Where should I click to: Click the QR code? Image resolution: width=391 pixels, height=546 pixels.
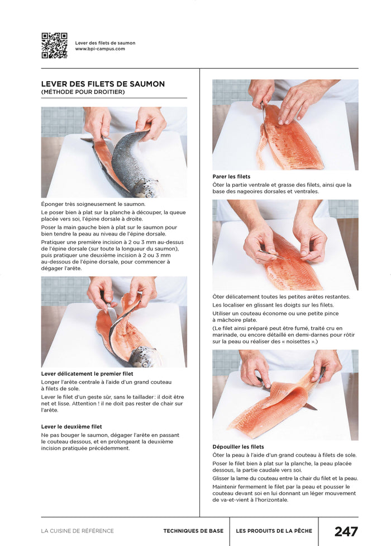[54, 46]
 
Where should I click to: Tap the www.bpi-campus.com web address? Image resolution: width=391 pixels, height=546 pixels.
[100, 49]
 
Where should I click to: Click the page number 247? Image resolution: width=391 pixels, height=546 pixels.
[346, 531]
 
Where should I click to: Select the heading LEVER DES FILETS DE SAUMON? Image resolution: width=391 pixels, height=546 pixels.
[103, 84]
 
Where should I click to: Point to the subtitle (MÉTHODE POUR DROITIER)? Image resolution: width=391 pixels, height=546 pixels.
[83, 92]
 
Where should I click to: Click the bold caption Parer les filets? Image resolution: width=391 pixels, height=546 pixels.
[231, 177]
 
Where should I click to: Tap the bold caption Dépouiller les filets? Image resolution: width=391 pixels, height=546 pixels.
[238, 447]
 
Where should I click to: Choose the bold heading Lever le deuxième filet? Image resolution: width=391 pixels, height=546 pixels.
[71, 426]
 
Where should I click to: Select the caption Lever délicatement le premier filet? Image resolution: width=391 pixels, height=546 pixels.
[87, 374]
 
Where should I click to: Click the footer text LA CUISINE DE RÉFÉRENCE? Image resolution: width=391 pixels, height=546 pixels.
[78, 531]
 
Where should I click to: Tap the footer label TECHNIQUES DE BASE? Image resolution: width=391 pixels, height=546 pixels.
[193, 531]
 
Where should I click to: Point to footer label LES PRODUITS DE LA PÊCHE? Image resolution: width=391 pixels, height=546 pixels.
[274, 531]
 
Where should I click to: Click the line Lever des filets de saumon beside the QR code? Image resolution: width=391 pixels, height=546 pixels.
[106, 43]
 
